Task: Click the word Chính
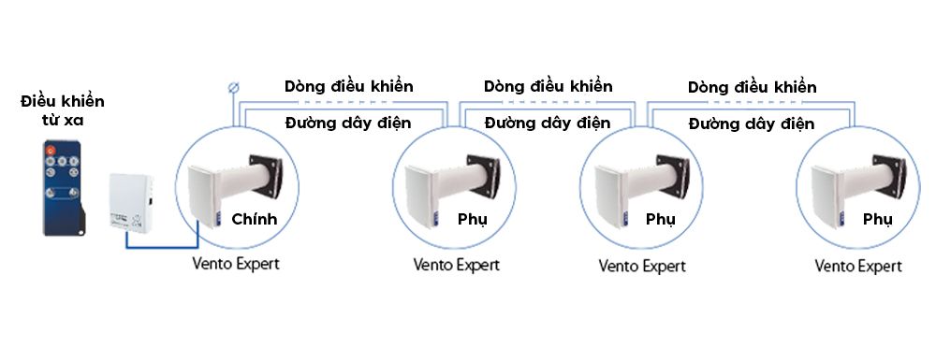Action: [x=255, y=220]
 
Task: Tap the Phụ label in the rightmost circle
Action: [x=877, y=220]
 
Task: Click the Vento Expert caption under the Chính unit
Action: [x=236, y=263]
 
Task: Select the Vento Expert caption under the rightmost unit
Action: [x=858, y=266]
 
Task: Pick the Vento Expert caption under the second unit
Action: [x=457, y=264]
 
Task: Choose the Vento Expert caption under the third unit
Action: [x=642, y=266]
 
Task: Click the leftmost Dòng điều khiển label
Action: [x=349, y=86]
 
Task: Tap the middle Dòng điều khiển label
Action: [x=548, y=86]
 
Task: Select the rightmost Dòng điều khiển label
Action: [x=752, y=87]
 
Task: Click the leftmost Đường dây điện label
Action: [x=348, y=122]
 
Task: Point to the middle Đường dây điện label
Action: [x=548, y=122]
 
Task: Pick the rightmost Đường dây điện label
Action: [x=752, y=123]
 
